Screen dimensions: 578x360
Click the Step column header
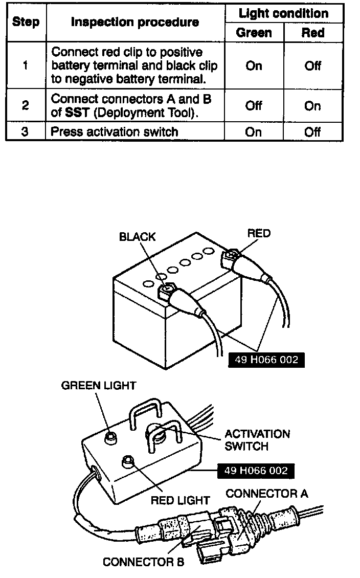26,22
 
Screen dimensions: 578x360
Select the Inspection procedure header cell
135,22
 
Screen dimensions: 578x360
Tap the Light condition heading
283,13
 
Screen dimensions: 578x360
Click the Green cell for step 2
254,106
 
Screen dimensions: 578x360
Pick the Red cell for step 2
312,106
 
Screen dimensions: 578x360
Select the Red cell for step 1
312,66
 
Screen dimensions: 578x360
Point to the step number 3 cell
26,131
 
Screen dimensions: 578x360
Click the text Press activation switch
115,132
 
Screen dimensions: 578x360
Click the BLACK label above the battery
137,237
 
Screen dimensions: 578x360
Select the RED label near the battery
259,233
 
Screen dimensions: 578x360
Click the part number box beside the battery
266,360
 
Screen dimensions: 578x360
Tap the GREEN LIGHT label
99,385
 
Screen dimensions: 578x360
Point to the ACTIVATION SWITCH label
257,440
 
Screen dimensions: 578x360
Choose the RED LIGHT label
180,500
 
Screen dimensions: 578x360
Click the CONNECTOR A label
266,494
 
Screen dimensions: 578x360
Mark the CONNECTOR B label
143,562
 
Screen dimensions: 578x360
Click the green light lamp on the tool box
109,437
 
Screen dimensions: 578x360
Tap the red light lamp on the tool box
126,462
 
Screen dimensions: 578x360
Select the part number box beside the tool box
256,471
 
